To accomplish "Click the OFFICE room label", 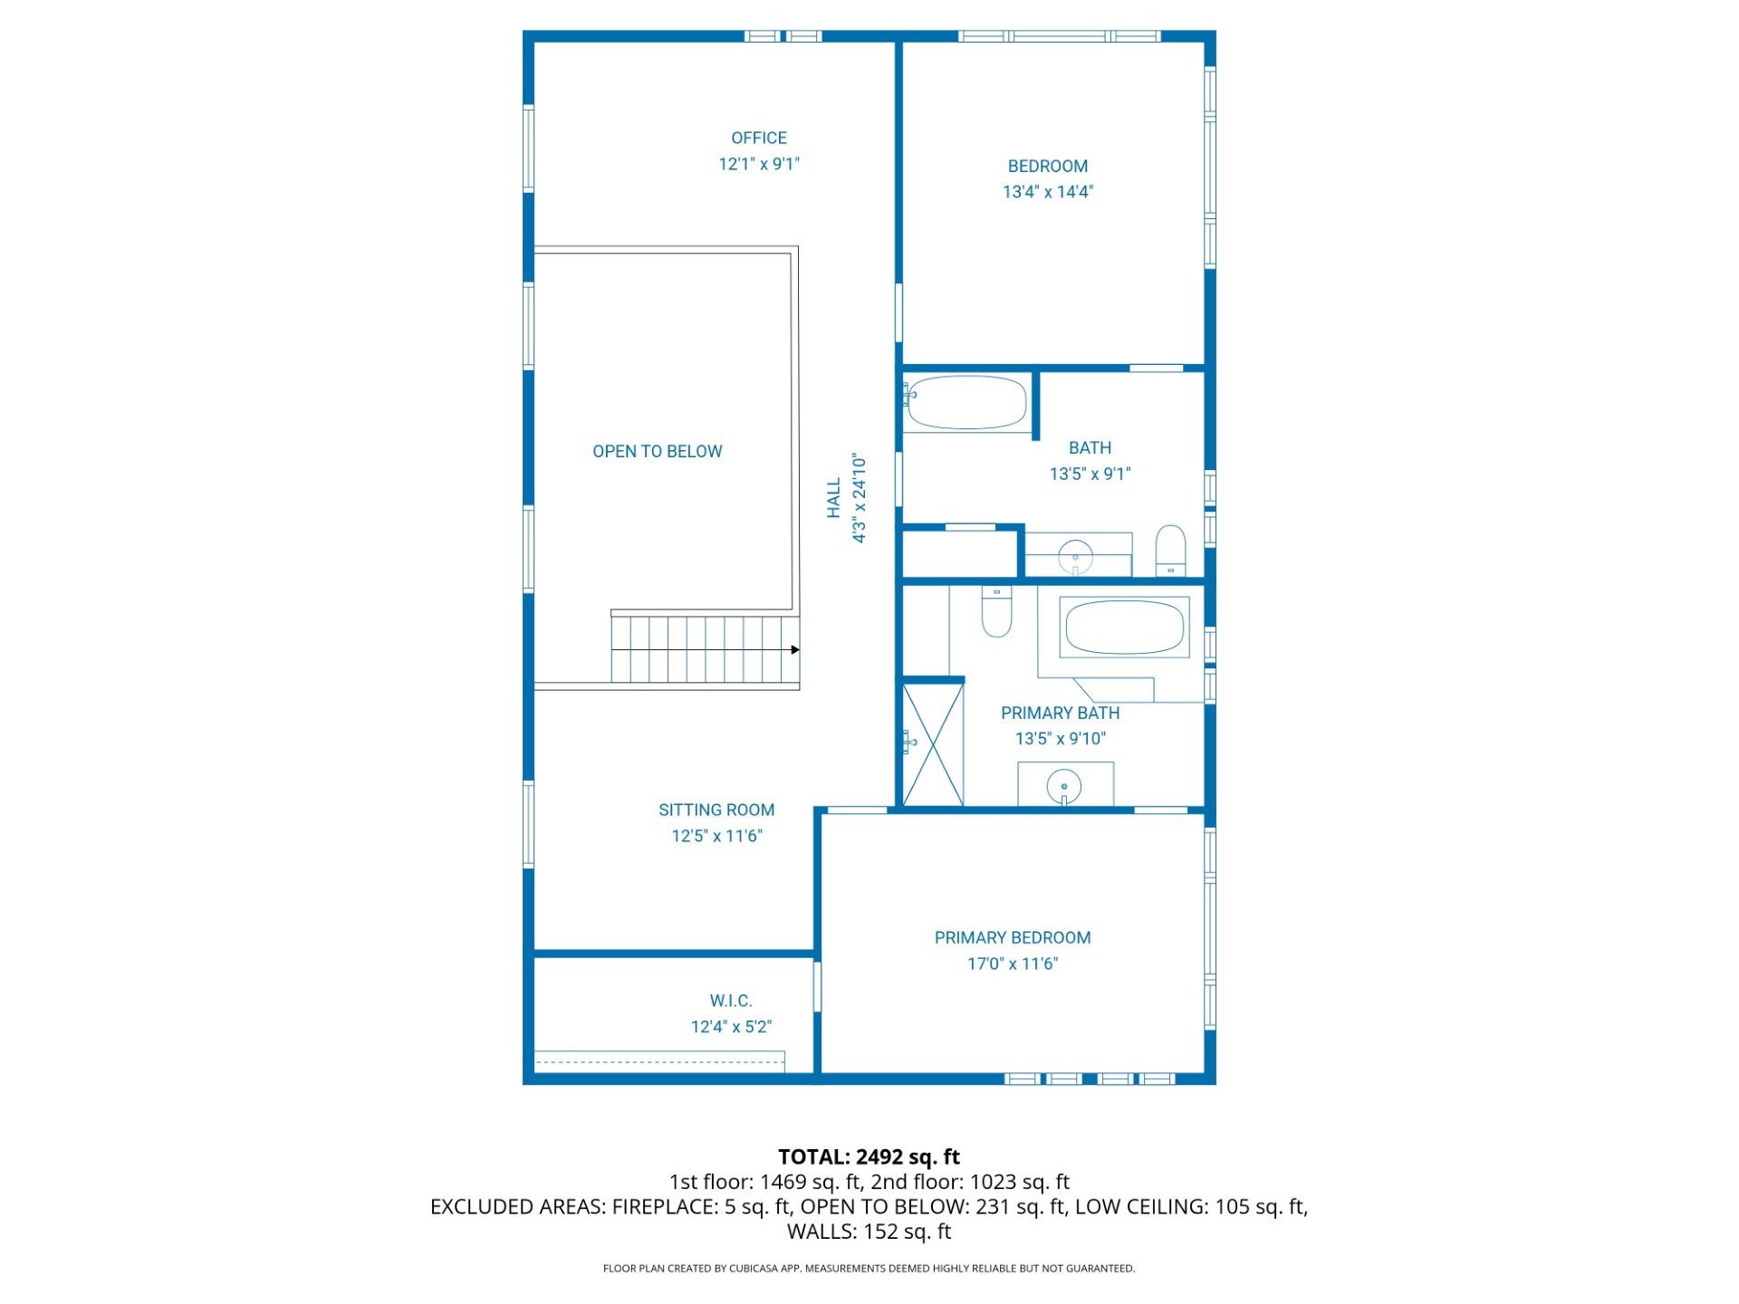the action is point(759,138).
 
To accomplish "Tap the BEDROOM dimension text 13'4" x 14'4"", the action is point(1048,192).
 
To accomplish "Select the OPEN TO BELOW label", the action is point(658,451).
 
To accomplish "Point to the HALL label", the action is point(834,499).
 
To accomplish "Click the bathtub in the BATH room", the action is point(966,402).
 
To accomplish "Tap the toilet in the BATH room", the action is point(1171,551).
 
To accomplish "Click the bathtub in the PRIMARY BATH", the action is point(1124,627).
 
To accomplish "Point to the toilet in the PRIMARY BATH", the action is point(996,611).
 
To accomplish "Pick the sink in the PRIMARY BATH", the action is point(1064,786).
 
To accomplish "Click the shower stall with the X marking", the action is point(933,744).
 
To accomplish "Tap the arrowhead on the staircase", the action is point(795,649).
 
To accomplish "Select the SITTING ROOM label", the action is point(716,810).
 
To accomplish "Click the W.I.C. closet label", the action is point(731,1001).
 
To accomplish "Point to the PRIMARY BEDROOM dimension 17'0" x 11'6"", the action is point(1013,964).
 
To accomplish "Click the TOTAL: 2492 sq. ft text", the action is point(869,1156).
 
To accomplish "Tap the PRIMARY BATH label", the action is point(1061,713).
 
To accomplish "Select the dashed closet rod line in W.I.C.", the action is point(659,1062).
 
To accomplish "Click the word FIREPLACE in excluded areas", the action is point(665,1206).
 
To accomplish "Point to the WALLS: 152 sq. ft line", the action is point(869,1232).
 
